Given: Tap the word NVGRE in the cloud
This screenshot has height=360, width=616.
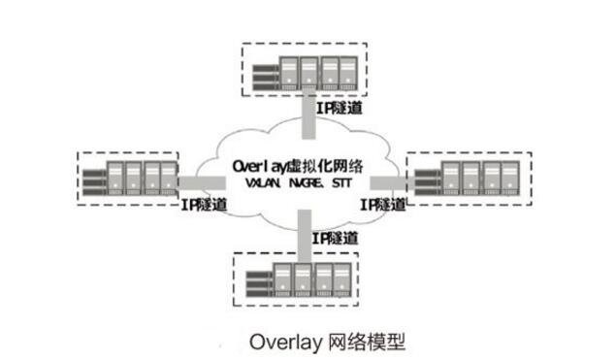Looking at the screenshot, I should pos(305,183).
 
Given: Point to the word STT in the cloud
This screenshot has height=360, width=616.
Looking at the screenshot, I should pos(342,183).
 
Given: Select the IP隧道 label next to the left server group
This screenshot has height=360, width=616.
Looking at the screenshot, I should pos(205,205).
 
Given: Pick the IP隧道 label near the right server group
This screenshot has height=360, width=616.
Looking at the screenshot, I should pos(382,205).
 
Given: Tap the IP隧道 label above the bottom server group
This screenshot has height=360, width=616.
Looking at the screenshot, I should pos(335,238).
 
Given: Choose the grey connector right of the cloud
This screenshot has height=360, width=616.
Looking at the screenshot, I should pos(401,180).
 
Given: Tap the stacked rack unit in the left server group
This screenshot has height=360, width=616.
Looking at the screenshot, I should pos(93,179).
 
